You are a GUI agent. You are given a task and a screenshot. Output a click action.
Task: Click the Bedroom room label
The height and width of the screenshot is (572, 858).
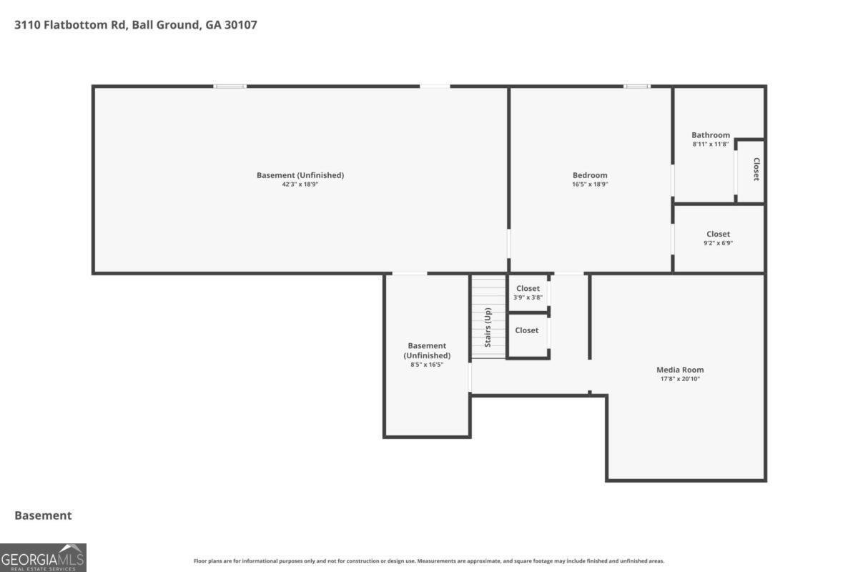click(590, 175)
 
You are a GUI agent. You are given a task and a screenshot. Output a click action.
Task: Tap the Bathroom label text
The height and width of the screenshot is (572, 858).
click(711, 135)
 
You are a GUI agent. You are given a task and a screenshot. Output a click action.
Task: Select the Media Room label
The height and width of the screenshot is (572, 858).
click(680, 370)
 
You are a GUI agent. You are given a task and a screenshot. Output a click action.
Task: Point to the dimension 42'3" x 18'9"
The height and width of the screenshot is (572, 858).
click(300, 184)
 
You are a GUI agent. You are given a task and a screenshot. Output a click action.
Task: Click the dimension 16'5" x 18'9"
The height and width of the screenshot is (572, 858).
click(590, 184)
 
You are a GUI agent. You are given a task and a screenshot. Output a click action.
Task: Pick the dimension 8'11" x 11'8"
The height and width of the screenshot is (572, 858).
click(711, 144)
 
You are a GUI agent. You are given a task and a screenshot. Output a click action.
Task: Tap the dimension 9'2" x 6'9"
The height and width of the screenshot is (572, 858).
click(718, 243)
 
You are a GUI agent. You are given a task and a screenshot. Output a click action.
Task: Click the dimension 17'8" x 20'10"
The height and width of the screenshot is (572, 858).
click(680, 379)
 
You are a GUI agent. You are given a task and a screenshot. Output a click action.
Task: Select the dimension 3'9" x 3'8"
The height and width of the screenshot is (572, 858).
click(528, 297)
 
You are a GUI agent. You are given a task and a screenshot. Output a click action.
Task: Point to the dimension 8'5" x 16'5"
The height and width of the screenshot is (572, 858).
click(427, 365)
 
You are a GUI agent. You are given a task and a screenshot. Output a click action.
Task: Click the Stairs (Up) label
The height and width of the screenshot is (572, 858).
click(488, 327)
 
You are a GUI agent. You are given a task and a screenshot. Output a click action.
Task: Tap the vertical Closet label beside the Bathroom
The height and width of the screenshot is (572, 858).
click(756, 169)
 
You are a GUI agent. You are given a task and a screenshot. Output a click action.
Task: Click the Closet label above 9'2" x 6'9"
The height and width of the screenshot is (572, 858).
click(718, 234)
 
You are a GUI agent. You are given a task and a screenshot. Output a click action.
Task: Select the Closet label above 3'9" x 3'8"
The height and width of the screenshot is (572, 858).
click(528, 288)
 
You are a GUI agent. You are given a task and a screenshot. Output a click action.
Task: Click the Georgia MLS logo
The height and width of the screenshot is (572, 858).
click(43, 557)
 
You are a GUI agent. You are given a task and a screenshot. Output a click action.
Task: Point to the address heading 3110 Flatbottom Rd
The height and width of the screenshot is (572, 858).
click(136, 25)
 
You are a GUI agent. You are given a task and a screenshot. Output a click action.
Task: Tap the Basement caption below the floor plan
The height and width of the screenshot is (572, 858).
click(43, 516)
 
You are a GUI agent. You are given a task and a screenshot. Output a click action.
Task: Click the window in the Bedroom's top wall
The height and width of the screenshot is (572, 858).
click(636, 87)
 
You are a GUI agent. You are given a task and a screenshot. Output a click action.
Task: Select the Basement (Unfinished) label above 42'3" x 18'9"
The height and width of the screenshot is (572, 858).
click(300, 175)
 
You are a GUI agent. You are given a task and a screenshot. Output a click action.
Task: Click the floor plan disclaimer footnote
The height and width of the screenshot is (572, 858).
click(429, 561)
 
